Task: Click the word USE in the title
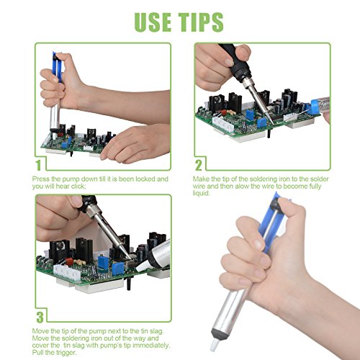153,22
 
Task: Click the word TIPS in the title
201,22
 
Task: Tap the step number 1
38,165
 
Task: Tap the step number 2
199,165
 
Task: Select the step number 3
40,317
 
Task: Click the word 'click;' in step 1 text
78,186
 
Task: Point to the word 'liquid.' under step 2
201,194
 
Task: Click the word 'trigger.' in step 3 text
66,353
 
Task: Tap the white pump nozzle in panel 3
143,266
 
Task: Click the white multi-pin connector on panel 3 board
66,272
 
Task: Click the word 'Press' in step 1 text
41,179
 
